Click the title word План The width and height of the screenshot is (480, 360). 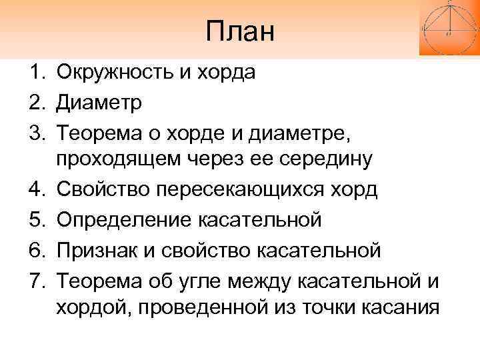click(x=240, y=31)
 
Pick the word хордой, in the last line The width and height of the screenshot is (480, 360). click(x=89, y=308)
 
